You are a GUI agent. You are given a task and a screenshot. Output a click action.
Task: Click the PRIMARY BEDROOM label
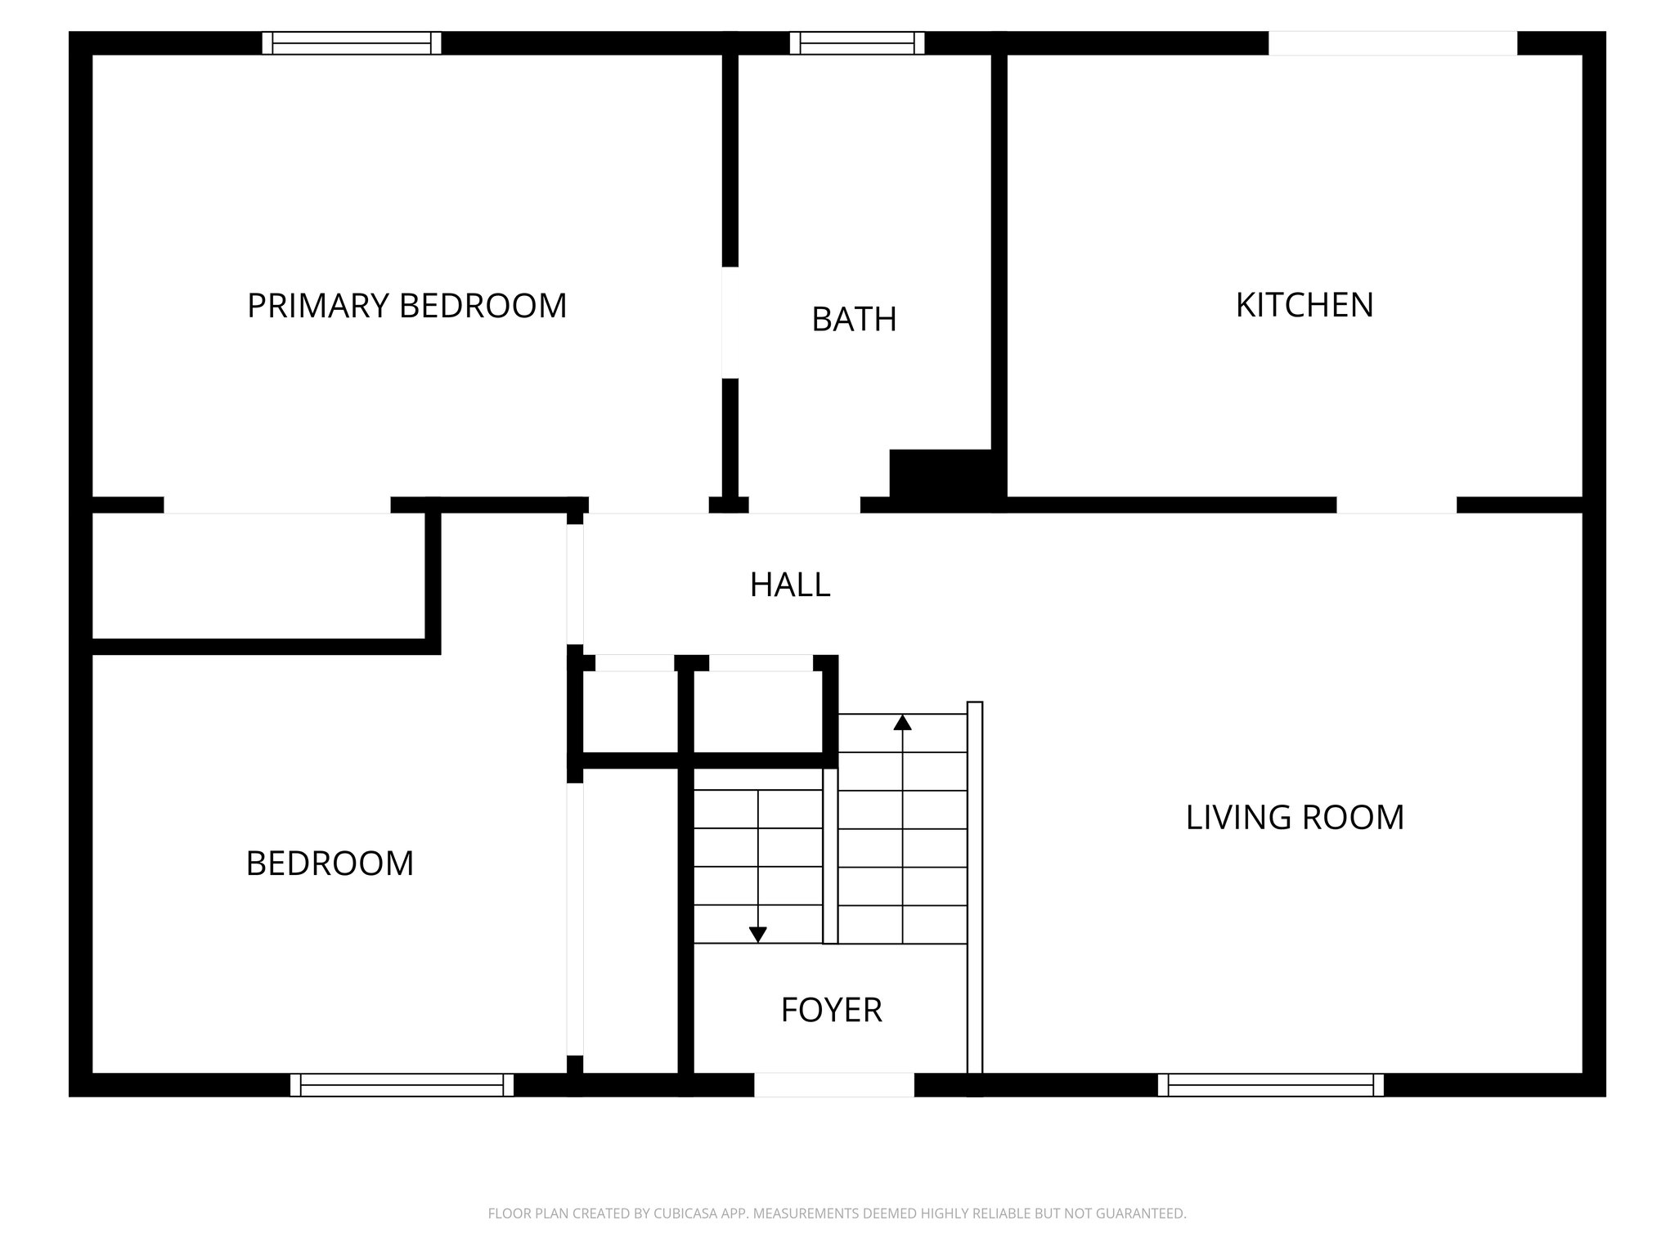click(406, 306)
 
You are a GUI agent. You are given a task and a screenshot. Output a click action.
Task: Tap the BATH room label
click(854, 319)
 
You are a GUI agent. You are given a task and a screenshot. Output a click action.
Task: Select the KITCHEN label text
click(1304, 305)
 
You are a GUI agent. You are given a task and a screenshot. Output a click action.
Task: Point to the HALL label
click(790, 585)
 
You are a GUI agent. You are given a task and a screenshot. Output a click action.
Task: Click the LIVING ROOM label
click(1295, 817)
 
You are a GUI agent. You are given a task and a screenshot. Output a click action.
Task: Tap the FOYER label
click(831, 1010)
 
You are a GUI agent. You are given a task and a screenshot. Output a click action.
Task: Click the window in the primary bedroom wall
click(352, 43)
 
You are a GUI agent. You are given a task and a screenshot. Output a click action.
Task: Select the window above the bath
click(857, 43)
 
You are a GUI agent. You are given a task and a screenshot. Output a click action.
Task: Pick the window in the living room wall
click(1271, 1085)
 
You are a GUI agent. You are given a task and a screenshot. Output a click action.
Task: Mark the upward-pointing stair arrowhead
click(902, 723)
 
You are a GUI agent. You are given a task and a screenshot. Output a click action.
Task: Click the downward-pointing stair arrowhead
click(758, 934)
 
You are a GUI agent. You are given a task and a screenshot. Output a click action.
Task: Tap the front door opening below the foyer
click(833, 1084)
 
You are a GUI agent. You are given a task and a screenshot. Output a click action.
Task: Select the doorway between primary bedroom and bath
click(730, 322)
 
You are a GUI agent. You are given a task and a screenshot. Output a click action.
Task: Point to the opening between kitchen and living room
click(1396, 505)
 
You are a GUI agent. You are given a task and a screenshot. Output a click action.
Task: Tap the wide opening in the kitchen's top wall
click(1392, 43)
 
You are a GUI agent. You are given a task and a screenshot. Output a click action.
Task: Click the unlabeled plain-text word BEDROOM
click(330, 863)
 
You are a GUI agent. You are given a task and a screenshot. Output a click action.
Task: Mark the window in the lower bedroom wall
click(402, 1085)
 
